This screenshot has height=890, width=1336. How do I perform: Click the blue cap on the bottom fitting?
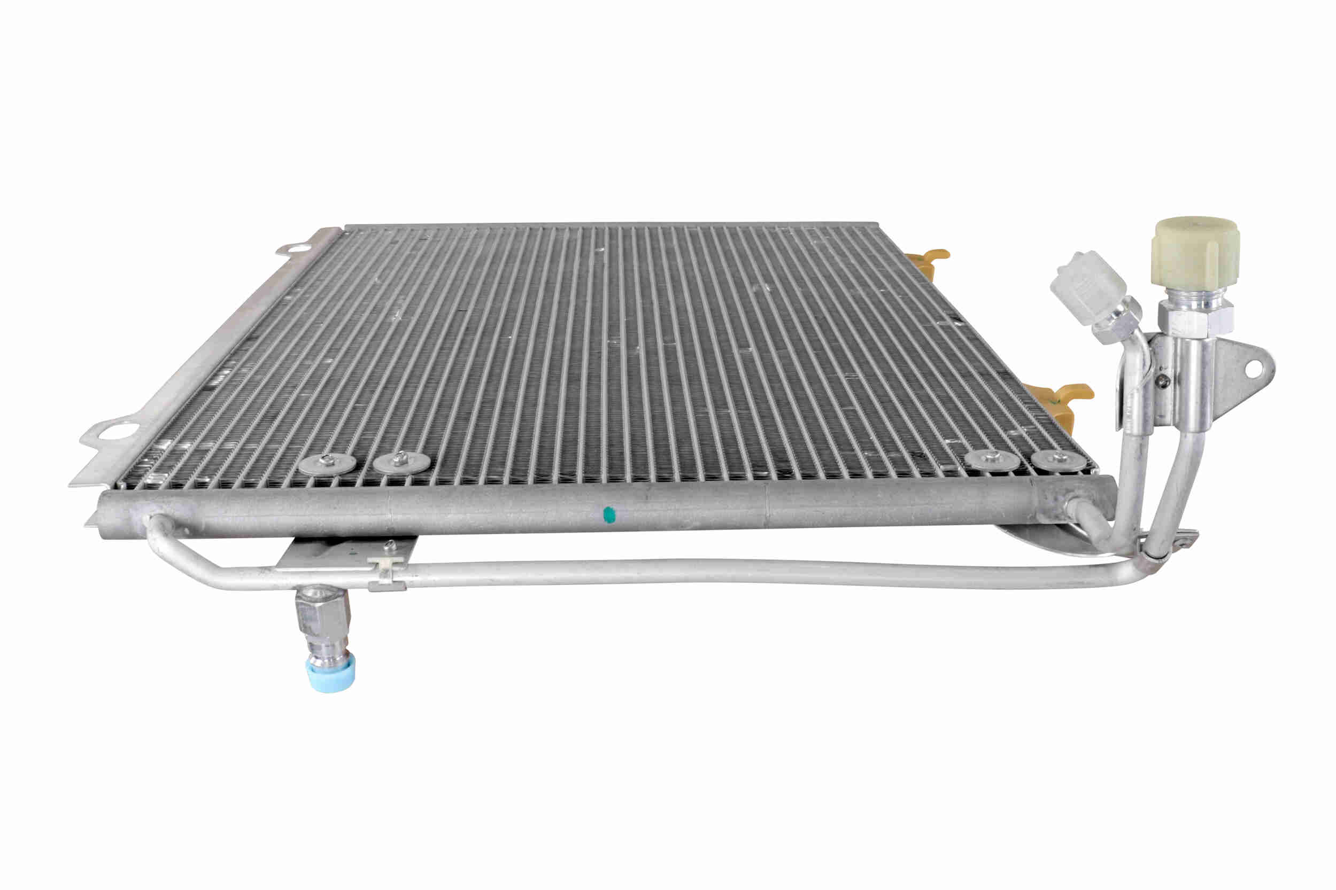(x=331, y=673)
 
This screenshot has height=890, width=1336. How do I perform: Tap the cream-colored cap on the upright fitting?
(x=1195, y=253)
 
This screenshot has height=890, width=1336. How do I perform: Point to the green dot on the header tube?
(x=608, y=514)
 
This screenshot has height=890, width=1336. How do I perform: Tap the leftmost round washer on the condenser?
(x=327, y=463)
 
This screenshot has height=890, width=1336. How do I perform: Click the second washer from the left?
(x=401, y=461)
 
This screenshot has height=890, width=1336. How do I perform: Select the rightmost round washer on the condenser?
(x=1054, y=459)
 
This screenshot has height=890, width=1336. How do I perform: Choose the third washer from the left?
(x=991, y=460)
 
